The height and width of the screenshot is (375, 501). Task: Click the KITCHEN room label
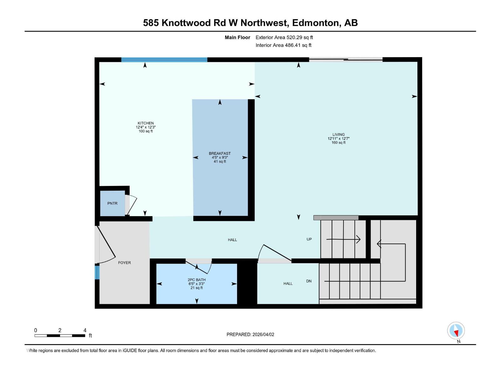click(x=146, y=123)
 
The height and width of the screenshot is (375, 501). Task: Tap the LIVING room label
click(x=338, y=135)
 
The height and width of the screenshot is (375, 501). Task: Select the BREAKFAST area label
click(x=220, y=153)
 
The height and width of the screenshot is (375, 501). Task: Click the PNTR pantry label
click(x=112, y=203)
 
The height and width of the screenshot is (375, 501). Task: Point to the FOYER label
click(x=124, y=263)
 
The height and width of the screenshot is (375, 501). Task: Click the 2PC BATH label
click(x=197, y=280)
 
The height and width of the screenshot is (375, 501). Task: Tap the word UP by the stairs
click(x=309, y=239)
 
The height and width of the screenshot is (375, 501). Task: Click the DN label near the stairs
click(x=309, y=281)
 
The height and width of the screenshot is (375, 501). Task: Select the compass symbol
click(x=456, y=331)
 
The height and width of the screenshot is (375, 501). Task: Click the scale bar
click(x=59, y=336)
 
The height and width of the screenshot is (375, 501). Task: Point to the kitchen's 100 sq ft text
click(x=146, y=131)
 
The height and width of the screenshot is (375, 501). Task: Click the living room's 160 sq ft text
click(x=338, y=143)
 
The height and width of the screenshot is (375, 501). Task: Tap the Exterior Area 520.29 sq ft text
click(x=284, y=37)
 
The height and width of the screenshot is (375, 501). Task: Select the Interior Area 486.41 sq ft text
click(x=283, y=45)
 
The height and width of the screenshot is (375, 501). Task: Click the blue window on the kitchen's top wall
click(x=164, y=60)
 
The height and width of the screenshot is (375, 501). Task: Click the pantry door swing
click(x=132, y=205)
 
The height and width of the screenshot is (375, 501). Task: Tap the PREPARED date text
click(x=250, y=334)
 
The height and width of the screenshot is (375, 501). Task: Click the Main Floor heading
click(x=237, y=37)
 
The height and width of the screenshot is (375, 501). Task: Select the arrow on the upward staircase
click(x=343, y=239)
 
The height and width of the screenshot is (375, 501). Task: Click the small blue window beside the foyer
click(x=97, y=272)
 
